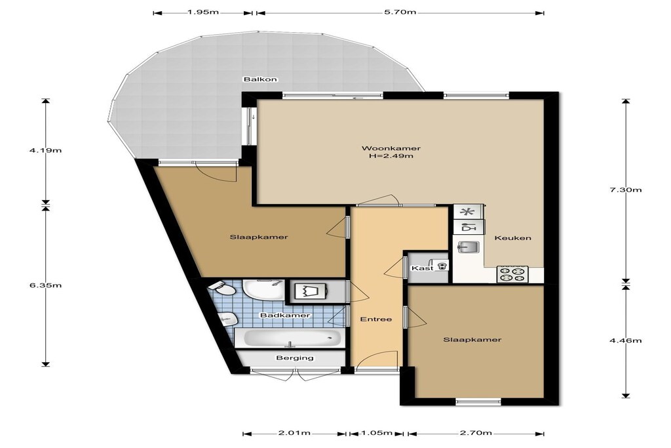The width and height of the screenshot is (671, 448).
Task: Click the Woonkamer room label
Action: (x=391, y=148)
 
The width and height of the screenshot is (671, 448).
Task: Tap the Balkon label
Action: (x=260, y=79)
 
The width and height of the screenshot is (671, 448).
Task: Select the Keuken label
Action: (x=512, y=237)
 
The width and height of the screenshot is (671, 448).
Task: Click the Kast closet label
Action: (x=423, y=268)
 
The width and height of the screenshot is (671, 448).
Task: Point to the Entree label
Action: (x=375, y=319)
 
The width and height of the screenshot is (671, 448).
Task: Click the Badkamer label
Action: (x=285, y=316)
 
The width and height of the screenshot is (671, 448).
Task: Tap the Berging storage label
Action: (x=295, y=357)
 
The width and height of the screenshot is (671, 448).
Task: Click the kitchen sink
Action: (x=468, y=247)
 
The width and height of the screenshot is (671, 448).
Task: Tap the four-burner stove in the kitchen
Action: (x=512, y=274)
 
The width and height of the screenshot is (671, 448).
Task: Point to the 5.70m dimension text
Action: (x=400, y=12)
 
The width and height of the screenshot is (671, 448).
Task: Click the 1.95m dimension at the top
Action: (x=202, y=12)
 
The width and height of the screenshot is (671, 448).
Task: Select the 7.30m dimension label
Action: (x=625, y=190)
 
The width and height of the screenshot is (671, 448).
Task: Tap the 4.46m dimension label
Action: (x=625, y=340)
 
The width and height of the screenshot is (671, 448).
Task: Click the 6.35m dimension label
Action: (x=45, y=285)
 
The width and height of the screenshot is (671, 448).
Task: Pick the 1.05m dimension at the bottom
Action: (x=377, y=432)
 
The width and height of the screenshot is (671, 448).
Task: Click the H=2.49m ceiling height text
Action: (x=391, y=156)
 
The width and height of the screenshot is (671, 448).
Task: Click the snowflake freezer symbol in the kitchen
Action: (x=469, y=212)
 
